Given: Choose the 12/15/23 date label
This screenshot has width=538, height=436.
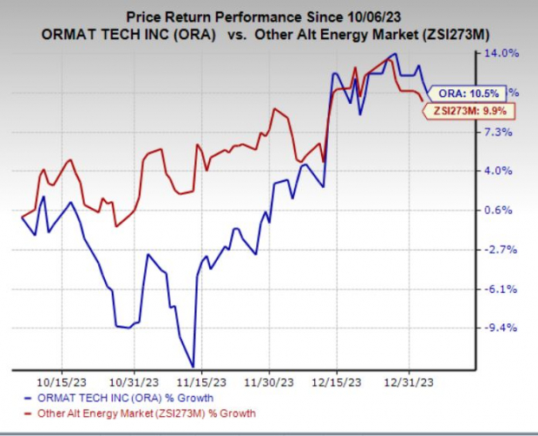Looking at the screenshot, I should coord(338,380).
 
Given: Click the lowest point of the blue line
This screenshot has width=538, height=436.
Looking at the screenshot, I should coord(193,367).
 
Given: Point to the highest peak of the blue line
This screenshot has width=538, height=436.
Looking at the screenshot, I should coord(397,55).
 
